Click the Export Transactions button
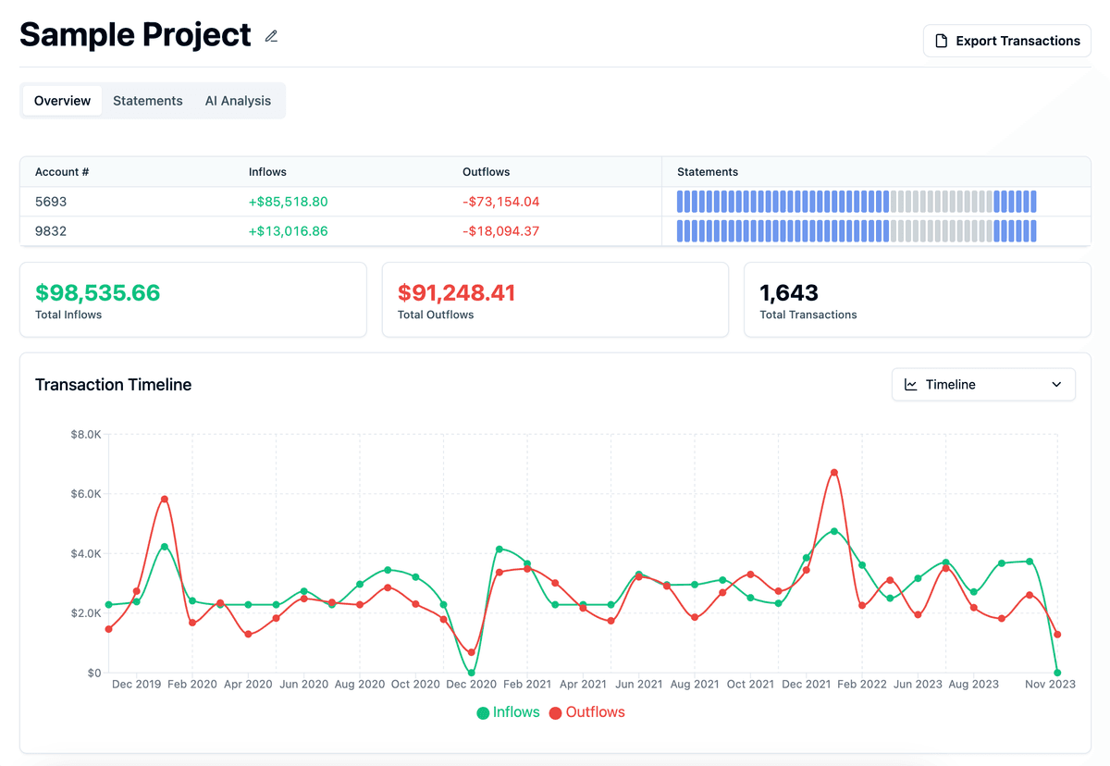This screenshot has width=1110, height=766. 1006,41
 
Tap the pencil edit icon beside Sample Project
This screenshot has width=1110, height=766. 271,36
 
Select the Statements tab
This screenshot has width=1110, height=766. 148,101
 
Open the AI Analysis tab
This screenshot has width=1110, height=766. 238,101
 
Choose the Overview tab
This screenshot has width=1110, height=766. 62,101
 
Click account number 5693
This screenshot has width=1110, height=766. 51,202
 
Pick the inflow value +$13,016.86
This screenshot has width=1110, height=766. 288,231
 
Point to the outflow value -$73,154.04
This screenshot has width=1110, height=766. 500,202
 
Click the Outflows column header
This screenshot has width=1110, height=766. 486,172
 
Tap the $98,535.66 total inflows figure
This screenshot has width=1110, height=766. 98,293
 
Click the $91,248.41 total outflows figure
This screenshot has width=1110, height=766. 457,293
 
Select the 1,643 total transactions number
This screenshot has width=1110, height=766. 789,293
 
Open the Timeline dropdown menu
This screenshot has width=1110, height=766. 983,385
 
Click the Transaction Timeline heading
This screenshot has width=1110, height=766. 113,385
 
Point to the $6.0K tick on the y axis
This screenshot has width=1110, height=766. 85,494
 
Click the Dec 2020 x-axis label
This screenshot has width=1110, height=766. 471,685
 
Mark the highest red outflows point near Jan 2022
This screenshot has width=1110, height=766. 834,473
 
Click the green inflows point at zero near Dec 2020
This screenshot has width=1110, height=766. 472,673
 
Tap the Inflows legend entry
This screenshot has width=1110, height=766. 510,712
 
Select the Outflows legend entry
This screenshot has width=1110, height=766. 587,712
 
